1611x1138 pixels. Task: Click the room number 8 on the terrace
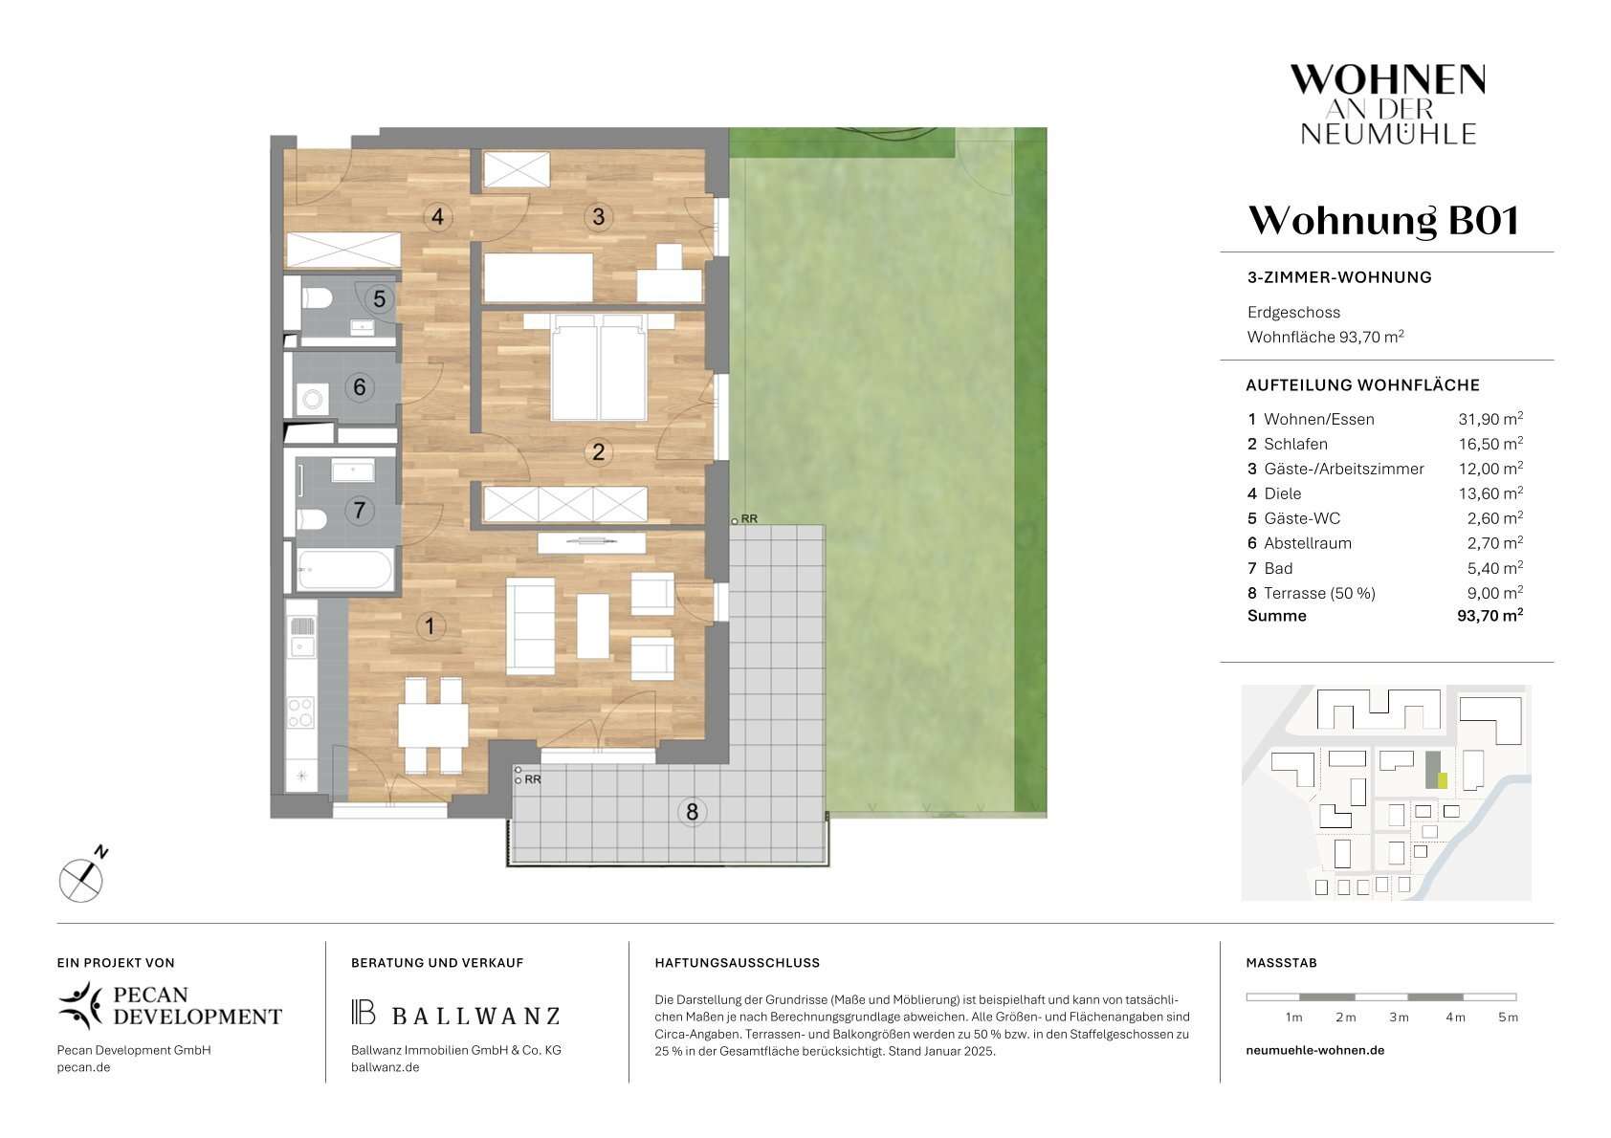point(692,812)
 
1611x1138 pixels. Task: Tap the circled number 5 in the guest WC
point(379,299)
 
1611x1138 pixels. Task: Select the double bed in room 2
point(598,366)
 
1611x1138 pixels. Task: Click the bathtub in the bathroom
point(346,570)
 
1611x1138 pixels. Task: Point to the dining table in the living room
point(432,726)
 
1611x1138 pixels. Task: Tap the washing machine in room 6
point(313,399)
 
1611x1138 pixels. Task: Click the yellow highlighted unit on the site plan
point(1442,780)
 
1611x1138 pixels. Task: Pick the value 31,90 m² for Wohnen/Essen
point(1490,419)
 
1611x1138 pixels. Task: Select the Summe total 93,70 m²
point(1490,615)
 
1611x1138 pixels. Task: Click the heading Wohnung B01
point(1383,220)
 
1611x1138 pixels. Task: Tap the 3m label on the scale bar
point(1398,1018)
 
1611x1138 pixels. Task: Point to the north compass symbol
point(82,878)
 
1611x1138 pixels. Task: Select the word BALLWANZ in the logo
point(475,1016)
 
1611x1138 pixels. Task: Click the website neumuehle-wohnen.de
point(1314,1050)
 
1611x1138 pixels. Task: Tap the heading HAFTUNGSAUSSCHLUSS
point(738,963)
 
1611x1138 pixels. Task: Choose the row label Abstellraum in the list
point(1308,543)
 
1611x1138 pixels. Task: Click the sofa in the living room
point(530,626)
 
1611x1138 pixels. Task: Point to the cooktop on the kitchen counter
point(300,711)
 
